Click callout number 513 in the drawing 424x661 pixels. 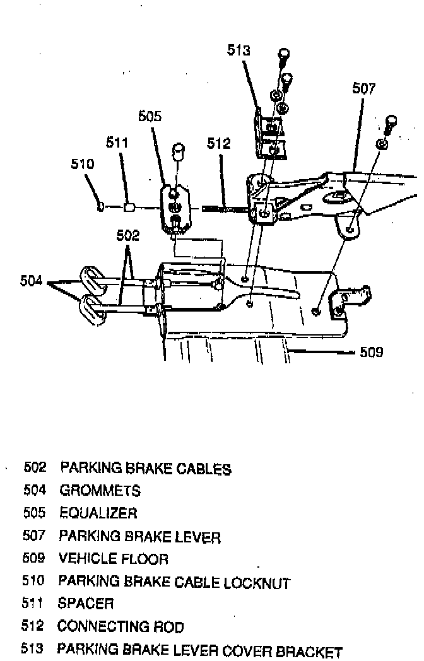[x=239, y=51]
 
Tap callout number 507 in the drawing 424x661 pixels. [x=364, y=89]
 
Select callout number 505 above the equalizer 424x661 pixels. [x=150, y=116]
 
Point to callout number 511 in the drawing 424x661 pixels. [x=117, y=143]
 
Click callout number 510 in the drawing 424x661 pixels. [x=82, y=165]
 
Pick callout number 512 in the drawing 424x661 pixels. [x=219, y=144]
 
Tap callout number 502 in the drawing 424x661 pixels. [x=128, y=235]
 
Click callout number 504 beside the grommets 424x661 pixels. [x=32, y=281]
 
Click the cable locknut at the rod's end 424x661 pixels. [x=100, y=206]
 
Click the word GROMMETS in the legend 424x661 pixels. [x=100, y=490]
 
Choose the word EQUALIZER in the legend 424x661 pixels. [x=98, y=513]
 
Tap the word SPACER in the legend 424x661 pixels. [x=86, y=604]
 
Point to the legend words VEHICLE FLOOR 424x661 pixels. [x=114, y=559]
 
